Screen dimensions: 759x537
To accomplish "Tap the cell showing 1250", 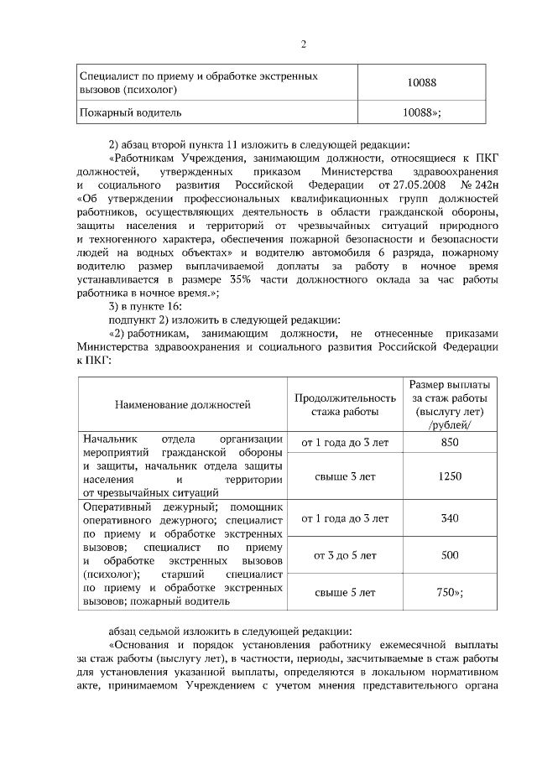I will [450, 476].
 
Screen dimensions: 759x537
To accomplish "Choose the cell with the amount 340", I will [450, 518].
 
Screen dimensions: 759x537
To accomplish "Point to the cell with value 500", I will [450, 555].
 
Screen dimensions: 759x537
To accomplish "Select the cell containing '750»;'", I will [450, 592].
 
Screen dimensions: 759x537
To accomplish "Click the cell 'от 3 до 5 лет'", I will [345, 555].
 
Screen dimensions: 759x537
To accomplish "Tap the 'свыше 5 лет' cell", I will [345, 592].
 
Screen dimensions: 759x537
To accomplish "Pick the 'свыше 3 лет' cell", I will [345, 476].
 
